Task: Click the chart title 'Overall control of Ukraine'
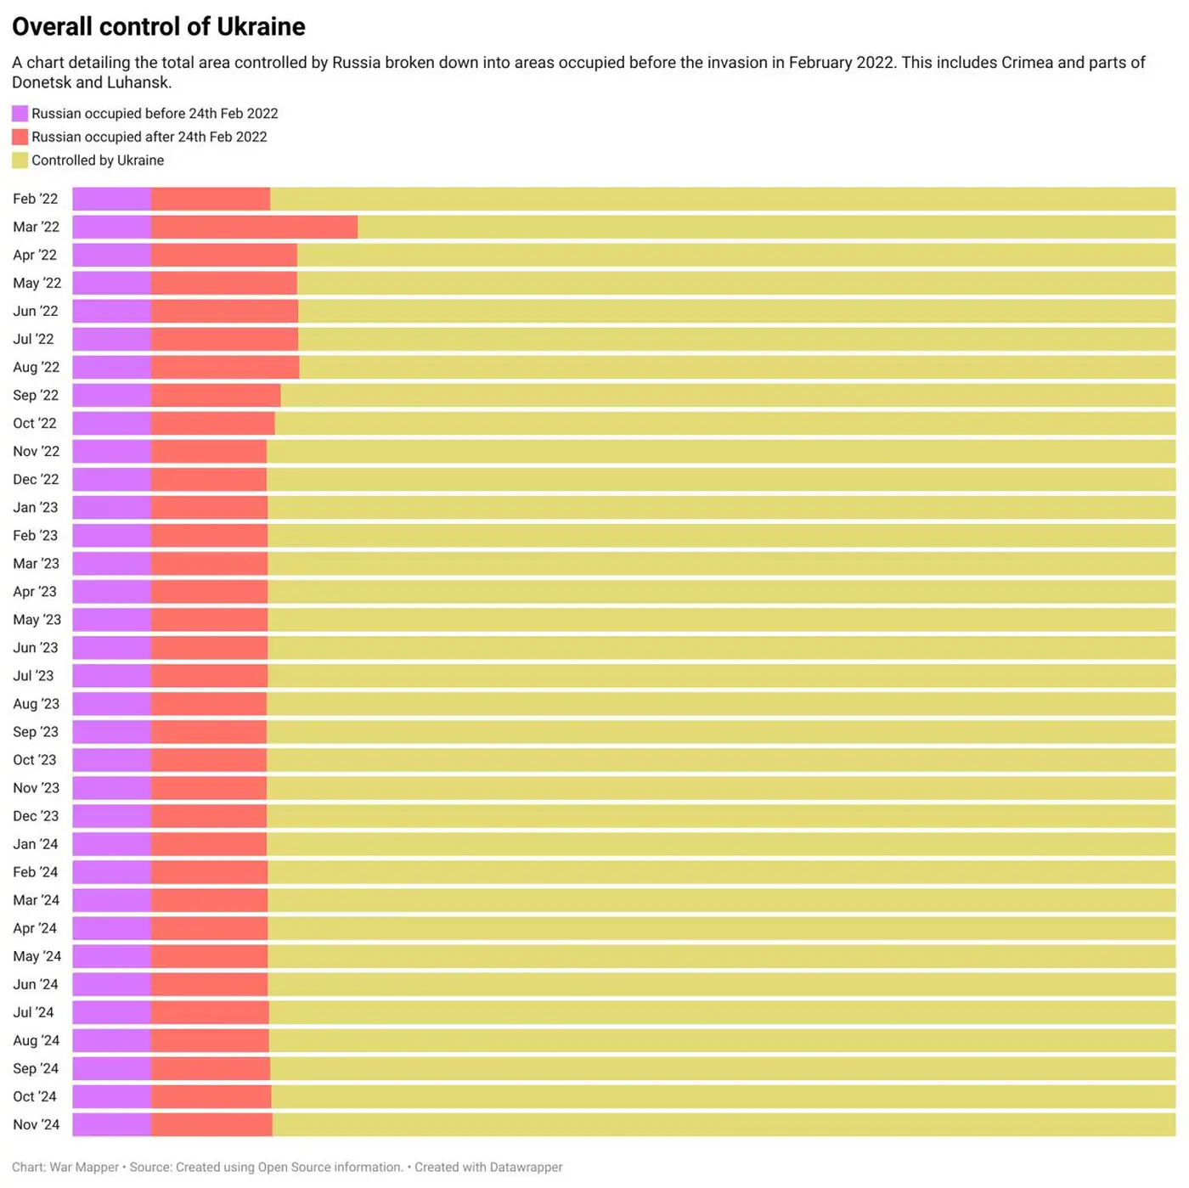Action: [x=159, y=27]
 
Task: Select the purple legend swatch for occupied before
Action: [x=20, y=114]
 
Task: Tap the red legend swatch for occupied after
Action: [x=20, y=137]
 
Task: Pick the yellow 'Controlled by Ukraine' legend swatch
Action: [x=20, y=160]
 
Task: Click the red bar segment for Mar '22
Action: [x=254, y=227]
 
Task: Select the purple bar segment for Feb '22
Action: [x=111, y=199]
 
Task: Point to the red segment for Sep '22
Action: [x=216, y=395]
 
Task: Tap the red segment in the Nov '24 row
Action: [x=211, y=1124]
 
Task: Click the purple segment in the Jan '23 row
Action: [x=111, y=508]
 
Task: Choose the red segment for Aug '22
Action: [x=225, y=367]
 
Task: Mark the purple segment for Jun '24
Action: [x=111, y=984]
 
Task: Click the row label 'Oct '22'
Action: [x=35, y=423]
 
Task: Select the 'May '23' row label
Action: [x=37, y=620]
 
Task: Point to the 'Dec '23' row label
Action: [x=36, y=816]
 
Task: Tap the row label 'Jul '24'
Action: [x=33, y=1012]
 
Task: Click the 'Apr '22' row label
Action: [x=35, y=255]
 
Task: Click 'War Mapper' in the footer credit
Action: [x=84, y=1168]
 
